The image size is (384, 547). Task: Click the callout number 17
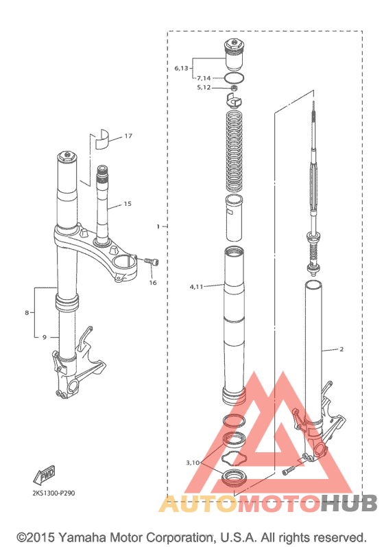click(x=128, y=136)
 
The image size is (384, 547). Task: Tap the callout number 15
click(x=128, y=203)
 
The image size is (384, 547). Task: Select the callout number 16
click(x=153, y=283)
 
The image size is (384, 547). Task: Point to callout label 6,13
click(x=181, y=68)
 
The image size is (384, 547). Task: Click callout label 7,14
click(x=204, y=78)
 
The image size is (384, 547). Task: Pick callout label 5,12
click(x=204, y=87)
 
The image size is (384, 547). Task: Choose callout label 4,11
click(x=196, y=287)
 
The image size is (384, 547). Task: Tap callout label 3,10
click(x=193, y=463)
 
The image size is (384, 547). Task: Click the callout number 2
click(x=341, y=349)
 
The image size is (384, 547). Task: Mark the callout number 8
click(x=27, y=312)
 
